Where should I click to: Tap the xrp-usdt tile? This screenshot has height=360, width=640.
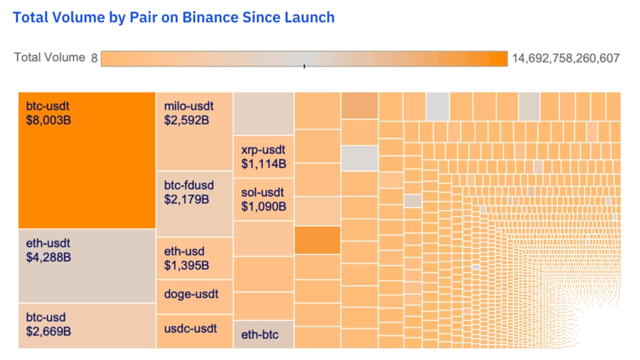(263, 157)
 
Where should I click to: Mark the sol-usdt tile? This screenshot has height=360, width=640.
(263, 199)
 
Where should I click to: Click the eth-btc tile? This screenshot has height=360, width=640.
(263, 334)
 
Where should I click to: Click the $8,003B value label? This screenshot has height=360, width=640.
(49, 118)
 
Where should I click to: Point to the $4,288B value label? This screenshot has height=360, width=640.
(49, 257)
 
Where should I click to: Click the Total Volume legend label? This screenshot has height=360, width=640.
(49, 57)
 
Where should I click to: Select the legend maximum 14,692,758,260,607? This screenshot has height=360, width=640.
(566, 58)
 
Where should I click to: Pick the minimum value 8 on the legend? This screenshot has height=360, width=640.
(94, 58)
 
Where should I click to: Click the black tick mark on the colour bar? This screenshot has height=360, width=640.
(304, 65)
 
